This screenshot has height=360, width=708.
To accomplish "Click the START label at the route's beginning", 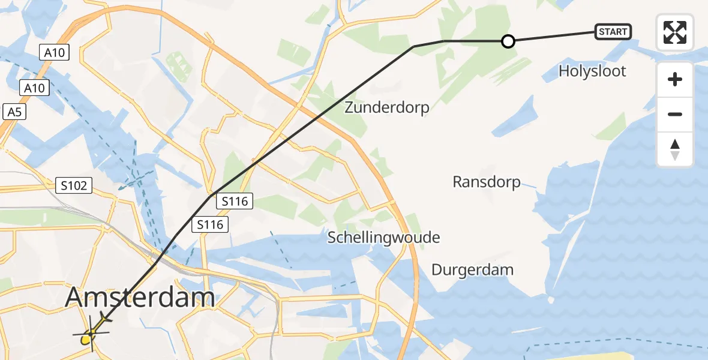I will coord(613,32).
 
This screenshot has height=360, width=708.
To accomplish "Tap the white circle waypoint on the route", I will coord(508,41).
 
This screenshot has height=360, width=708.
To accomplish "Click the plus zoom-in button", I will coord(675,79).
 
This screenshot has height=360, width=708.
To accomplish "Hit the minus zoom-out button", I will coord(675,114).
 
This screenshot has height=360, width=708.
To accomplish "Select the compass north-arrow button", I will coord(675,149).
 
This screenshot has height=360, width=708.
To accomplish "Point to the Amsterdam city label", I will coord(140,298).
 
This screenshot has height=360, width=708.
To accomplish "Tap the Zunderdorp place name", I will coord(387,107).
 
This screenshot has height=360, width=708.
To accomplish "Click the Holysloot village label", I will coord(592,71).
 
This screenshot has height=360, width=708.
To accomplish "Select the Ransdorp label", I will coord(487,182).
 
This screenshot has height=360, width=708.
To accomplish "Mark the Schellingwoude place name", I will coord(383,238).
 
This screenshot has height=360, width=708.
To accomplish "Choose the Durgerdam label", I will coord(472,269).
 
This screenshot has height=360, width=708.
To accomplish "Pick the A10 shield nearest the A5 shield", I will coord(34,88).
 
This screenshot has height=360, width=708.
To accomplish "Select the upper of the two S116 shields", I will coord(235,202).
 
